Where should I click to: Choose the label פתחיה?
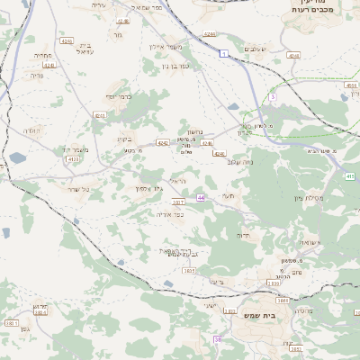click(42, 55)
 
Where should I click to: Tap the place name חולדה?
click(31, 132)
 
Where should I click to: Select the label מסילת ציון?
click(313, 197)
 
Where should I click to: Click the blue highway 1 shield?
click(221, 54)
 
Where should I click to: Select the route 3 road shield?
click(272, 97)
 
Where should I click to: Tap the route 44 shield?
click(201, 196)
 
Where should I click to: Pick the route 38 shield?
click(218, 338)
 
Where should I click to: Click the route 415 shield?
click(349, 176)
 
